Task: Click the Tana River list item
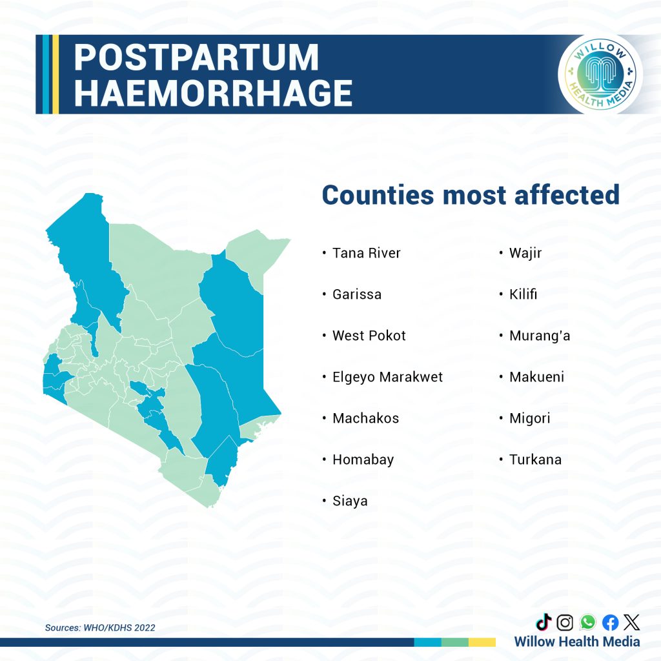click(x=366, y=253)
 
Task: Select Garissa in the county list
click(x=356, y=294)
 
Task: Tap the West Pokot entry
click(x=369, y=336)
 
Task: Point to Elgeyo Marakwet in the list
click(x=387, y=377)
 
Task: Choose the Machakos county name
click(x=365, y=418)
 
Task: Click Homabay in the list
click(x=363, y=460)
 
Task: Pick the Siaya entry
click(x=350, y=501)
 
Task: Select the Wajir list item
click(x=525, y=253)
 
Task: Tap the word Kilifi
click(x=523, y=294)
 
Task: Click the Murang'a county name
click(x=540, y=336)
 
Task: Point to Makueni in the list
click(x=536, y=377)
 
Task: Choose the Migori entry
click(x=529, y=418)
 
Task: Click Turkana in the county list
click(x=535, y=460)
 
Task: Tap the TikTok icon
click(x=544, y=622)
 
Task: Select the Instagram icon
click(x=565, y=622)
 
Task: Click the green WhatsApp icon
click(x=587, y=622)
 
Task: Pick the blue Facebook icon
click(x=610, y=622)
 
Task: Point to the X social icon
click(x=631, y=622)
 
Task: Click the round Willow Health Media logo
click(x=600, y=74)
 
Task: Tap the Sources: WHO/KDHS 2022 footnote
click(x=100, y=627)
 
